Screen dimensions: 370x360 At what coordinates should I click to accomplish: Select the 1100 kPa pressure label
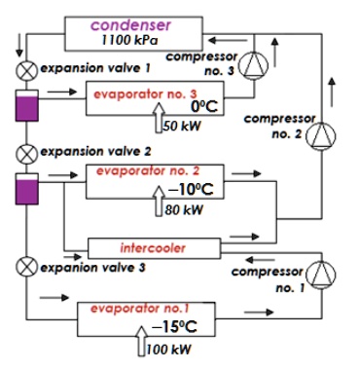131,42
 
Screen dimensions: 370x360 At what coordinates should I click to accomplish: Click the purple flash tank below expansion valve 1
24,108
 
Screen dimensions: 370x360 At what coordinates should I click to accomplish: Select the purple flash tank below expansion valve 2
24,190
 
